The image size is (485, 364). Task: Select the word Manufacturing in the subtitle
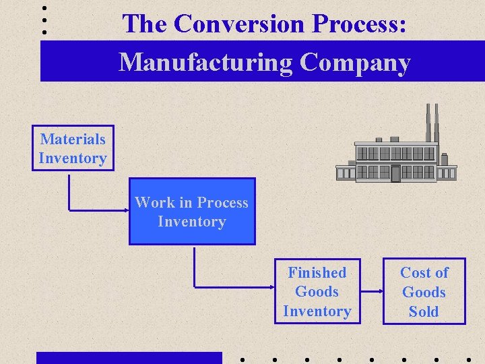[205, 62]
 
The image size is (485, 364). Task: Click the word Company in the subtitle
[355, 62]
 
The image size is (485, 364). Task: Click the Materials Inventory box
[73, 148]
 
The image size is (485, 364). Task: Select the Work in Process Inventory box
[192, 212]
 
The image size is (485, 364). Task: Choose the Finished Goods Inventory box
[317, 292]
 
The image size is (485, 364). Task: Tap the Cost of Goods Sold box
[424, 292]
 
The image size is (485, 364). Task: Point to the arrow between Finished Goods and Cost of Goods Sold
[371, 292]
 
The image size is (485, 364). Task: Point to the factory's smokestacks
[432, 121]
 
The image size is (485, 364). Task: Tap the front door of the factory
[395, 173]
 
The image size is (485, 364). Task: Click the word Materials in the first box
[73, 140]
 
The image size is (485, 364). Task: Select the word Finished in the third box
[317, 273]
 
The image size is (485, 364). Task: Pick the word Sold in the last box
[424, 311]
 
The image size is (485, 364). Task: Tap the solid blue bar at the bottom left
[129, 358]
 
